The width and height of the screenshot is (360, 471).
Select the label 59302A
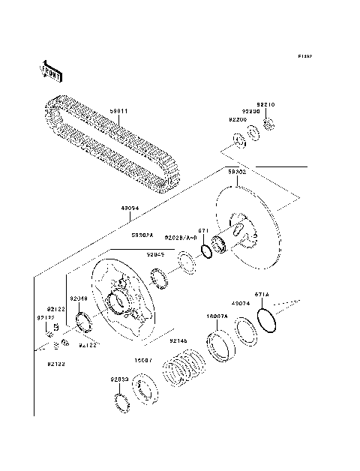(x=143, y=235)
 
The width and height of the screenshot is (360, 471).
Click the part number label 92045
(x=155, y=254)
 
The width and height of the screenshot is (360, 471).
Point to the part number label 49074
(x=240, y=304)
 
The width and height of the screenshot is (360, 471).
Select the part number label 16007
(x=143, y=360)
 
